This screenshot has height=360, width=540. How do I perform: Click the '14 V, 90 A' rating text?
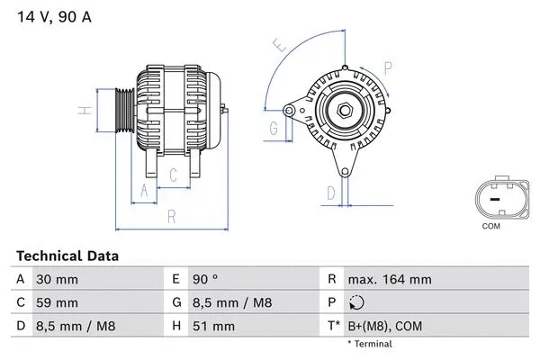point(53,15)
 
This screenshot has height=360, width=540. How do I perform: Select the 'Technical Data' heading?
point(67,256)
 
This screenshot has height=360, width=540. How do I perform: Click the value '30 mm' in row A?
point(57,280)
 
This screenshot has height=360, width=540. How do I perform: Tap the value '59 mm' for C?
point(57,302)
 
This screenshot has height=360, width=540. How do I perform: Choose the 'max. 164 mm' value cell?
point(390,280)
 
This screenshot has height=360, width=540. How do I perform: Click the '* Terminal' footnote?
point(372,345)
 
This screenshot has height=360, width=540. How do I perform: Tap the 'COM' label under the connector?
point(490,226)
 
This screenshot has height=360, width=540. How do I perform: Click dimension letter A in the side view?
point(142,189)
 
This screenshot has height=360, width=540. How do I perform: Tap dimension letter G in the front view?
point(274,129)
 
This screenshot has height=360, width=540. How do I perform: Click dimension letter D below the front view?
point(330,192)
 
